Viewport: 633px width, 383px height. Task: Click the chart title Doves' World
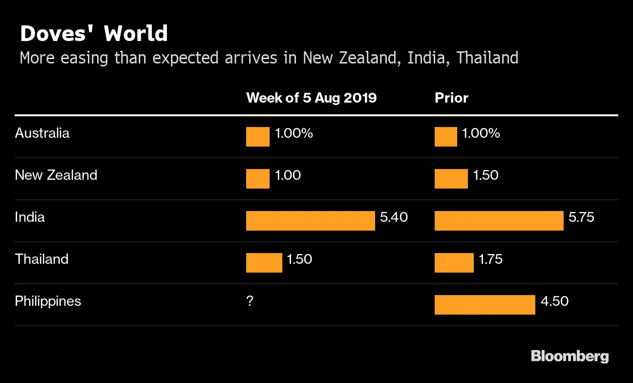click(93, 34)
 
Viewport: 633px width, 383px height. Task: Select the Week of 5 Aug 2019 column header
click(311, 98)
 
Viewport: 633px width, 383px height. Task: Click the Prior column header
click(451, 98)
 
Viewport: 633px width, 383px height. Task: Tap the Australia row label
click(42, 133)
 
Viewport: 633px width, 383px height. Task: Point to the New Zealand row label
click(56, 175)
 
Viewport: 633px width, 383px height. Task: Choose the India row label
click(30, 217)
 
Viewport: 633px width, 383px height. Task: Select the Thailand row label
click(42, 259)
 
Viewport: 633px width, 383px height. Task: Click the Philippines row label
click(48, 301)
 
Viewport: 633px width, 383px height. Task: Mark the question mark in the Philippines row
click(250, 301)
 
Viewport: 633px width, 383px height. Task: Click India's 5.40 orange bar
click(310, 221)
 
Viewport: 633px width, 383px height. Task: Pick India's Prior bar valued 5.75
click(499, 221)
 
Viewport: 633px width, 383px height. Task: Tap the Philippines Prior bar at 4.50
click(485, 305)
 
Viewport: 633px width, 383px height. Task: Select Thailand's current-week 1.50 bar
click(264, 263)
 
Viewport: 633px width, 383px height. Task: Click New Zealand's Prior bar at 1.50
click(451, 179)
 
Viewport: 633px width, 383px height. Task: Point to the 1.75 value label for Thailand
click(490, 259)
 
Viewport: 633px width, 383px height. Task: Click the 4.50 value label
click(554, 301)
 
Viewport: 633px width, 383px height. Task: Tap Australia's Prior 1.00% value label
click(481, 133)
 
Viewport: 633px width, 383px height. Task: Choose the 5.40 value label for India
click(394, 217)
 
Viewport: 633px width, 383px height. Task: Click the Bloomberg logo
click(570, 356)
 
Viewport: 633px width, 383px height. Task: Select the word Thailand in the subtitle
click(487, 58)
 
